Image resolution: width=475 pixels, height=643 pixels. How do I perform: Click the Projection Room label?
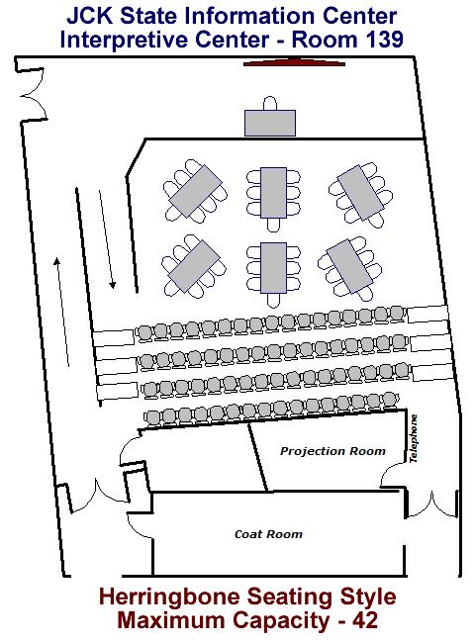(332, 451)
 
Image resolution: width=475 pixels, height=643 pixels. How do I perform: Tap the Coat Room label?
(269, 534)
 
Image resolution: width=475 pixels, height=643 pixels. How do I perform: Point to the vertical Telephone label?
(414, 439)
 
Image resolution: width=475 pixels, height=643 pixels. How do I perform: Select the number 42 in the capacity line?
(364, 620)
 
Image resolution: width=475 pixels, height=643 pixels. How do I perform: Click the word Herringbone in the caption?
(172, 597)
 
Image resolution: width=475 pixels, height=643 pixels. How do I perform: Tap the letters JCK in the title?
(90, 17)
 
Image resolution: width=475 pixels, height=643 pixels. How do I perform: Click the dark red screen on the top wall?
(294, 62)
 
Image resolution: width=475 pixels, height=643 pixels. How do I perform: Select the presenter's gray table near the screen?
(270, 123)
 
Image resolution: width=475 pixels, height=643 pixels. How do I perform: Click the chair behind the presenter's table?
(270, 103)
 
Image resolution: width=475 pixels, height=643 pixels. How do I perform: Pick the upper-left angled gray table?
(195, 192)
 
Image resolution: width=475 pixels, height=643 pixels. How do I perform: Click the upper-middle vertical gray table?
(273, 193)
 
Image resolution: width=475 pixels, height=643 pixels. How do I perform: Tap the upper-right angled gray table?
(360, 193)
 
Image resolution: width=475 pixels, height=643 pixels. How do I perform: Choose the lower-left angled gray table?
(194, 266)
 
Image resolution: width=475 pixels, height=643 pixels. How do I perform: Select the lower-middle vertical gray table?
(273, 268)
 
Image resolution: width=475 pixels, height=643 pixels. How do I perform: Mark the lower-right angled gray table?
(349, 267)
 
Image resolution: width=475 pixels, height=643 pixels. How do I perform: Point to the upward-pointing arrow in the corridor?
(62, 312)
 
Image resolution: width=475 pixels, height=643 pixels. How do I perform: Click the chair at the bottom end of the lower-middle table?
(273, 300)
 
